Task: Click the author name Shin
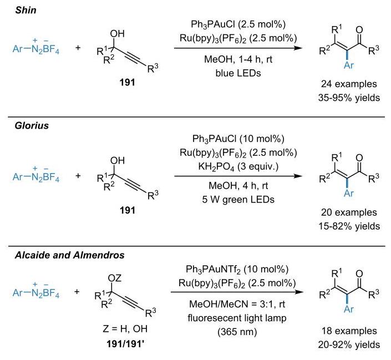coord(26,10)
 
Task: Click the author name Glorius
coord(32,125)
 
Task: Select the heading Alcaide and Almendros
coord(69,255)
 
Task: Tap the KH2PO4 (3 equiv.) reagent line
coord(238,166)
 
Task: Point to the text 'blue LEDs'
coord(238,73)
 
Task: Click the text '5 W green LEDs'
coord(238,200)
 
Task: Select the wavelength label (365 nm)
coord(237,332)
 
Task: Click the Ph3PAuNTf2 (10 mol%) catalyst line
coord(237,269)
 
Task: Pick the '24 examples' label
coord(349,84)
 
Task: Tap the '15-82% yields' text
coord(349,226)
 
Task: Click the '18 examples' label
coord(349,331)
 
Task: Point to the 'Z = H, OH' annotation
coord(125,329)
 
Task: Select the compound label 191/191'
coord(125,344)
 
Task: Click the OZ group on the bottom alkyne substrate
coord(114,278)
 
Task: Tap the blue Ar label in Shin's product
coord(349,65)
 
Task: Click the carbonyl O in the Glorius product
coord(359,158)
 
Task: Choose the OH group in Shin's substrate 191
coord(117,34)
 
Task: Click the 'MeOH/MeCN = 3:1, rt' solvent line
coord(237,304)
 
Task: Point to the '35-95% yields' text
coord(349,98)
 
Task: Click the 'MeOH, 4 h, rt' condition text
coord(238,186)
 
